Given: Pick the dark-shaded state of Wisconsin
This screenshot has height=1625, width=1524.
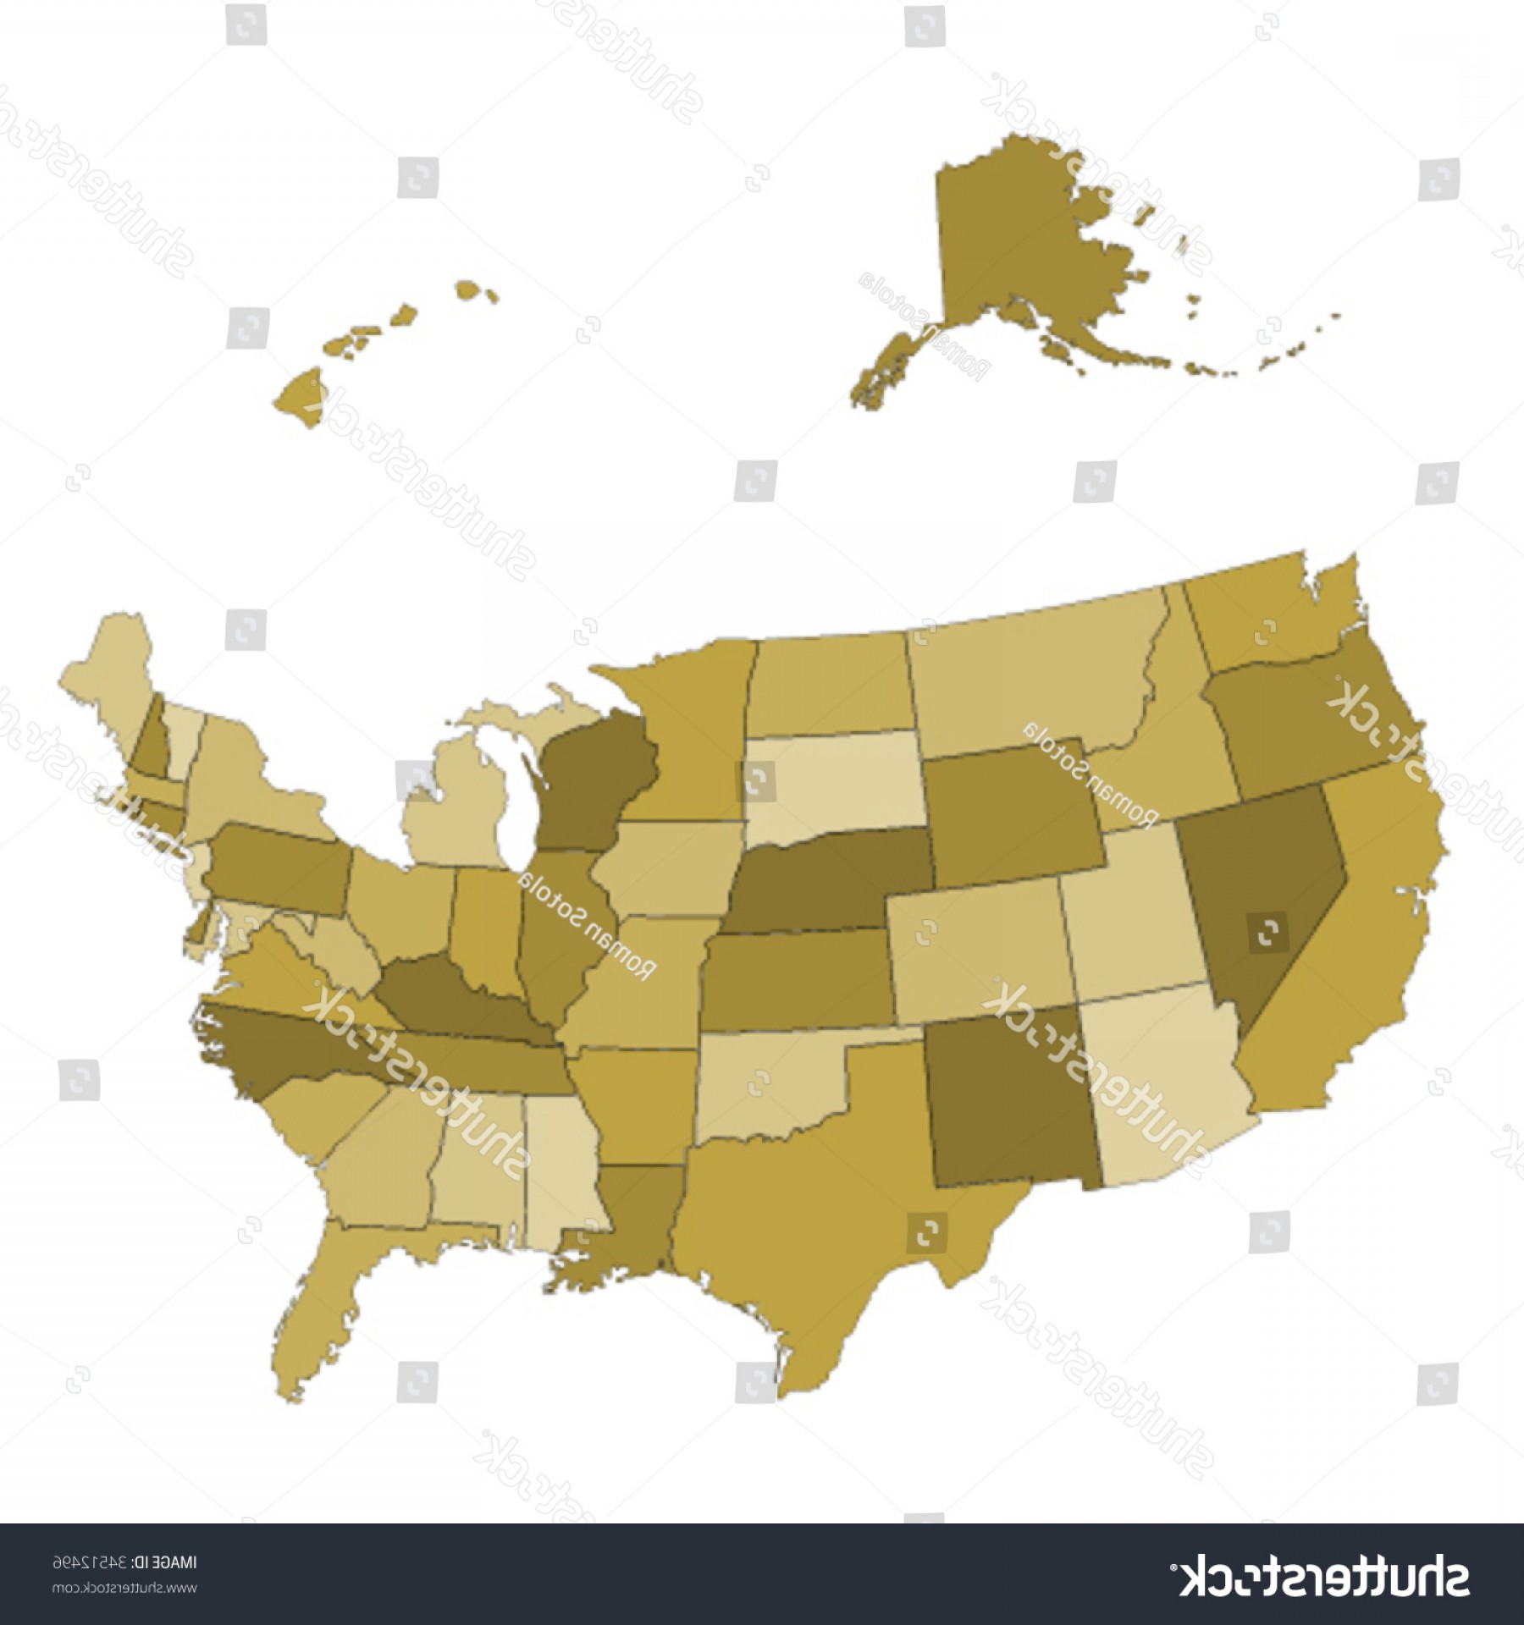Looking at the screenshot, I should point(593,774).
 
